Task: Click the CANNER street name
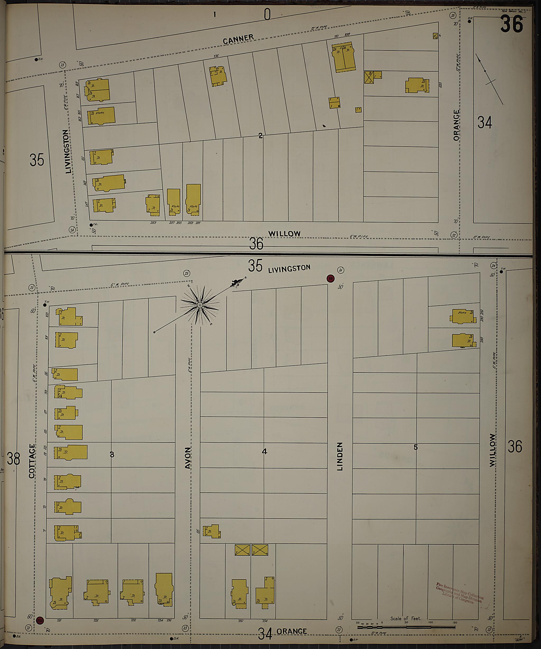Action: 238,39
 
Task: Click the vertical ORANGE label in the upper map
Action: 456,125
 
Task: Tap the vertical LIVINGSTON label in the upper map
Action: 68,151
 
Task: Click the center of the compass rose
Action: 200,305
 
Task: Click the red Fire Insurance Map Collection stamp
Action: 460,592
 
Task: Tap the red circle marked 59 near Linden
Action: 331,278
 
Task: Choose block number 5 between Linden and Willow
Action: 416,447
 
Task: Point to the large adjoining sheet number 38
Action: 13,459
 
